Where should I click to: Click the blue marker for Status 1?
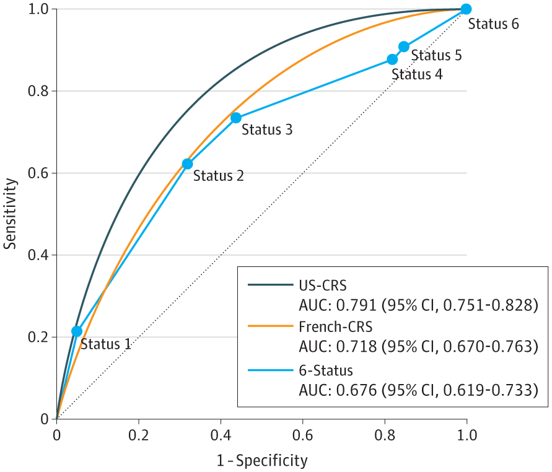[x=77, y=331]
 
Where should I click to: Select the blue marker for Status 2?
[x=187, y=164]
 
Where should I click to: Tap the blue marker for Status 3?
[x=236, y=118]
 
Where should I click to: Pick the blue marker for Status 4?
[x=392, y=59]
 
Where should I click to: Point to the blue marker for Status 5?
[x=404, y=46]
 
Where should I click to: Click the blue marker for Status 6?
[x=466, y=9]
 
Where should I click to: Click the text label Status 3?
[x=266, y=130]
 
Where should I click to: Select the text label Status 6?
[x=493, y=25]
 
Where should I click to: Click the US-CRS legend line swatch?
[x=270, y=285]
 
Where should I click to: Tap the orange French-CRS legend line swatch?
[x=270, y=324]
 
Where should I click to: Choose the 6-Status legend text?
[x=326, y=371]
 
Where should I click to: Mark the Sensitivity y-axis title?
[x=10, y=214]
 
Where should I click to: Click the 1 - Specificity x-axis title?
[x=262, y=460]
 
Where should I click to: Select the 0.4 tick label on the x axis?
[x=221, y=434]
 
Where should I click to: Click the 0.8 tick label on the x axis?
[x=384, y=434]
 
